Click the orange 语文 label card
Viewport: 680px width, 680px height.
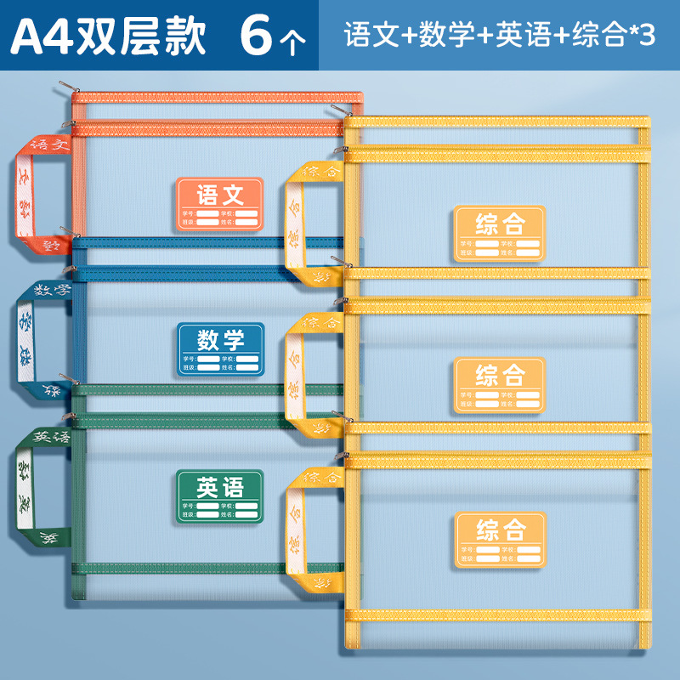click(221, 203)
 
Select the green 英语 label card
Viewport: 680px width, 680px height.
click(221, 495)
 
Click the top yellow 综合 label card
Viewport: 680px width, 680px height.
click(499, 232)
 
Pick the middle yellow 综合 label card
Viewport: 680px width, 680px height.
click(499, 384)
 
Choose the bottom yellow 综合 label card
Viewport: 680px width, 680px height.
click(499, 539)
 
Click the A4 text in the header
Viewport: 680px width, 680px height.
click(40, 37)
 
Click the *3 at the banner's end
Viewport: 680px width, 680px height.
click(643, 37)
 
